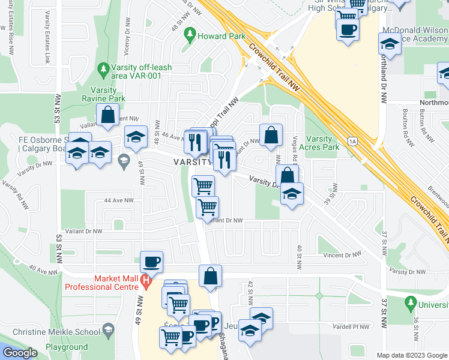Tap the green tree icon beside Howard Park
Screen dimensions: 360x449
coord(191,33)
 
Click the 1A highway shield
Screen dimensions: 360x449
coord(352,142)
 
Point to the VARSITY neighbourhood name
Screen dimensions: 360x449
coord(193,163)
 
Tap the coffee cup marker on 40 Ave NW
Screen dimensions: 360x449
coord(151,262)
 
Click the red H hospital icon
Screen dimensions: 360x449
coord(145,280)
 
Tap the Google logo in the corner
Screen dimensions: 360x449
coord(20,353)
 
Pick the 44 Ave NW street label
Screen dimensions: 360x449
coord(118,200)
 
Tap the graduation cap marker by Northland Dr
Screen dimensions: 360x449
coord(390,44)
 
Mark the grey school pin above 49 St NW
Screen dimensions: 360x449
coord(124,159)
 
